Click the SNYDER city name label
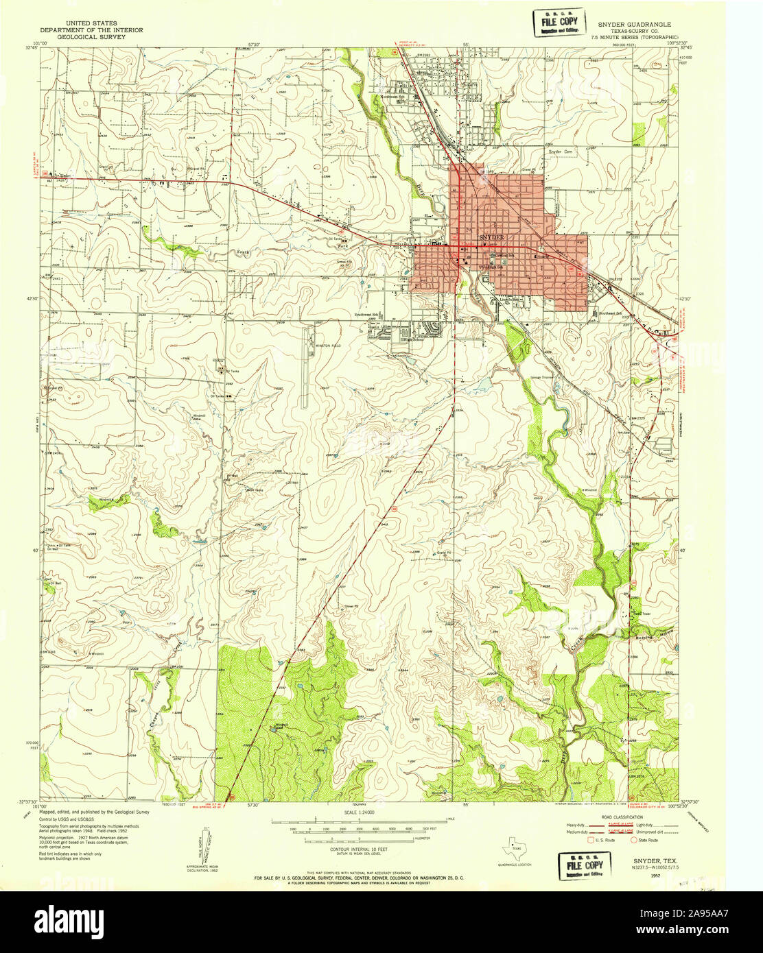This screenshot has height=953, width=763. point(491,237)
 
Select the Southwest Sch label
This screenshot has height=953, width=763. point(366,315)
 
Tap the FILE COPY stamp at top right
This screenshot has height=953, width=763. point(559,22)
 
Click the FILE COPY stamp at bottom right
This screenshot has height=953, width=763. point(581,865)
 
